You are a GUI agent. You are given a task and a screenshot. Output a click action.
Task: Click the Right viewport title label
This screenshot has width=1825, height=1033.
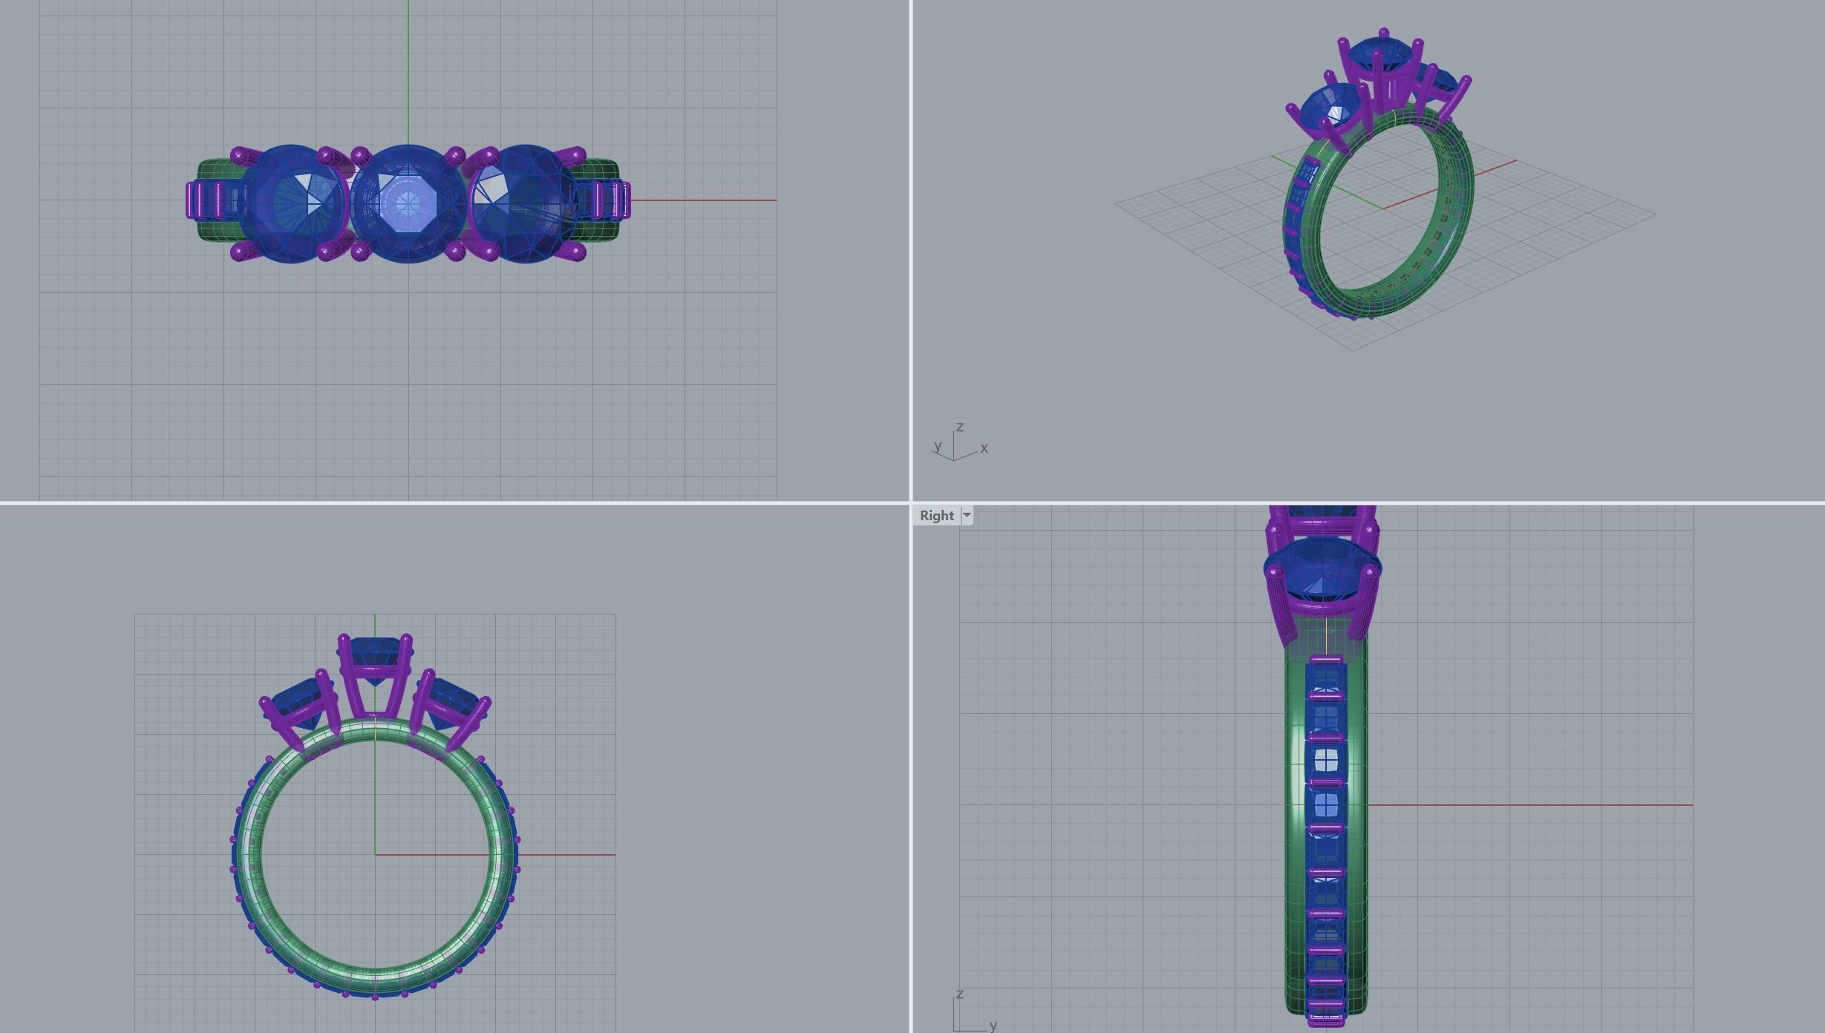936,516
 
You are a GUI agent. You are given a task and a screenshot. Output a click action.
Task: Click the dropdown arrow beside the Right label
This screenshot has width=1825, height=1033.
967,515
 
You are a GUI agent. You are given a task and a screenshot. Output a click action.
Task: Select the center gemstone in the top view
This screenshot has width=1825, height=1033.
408,203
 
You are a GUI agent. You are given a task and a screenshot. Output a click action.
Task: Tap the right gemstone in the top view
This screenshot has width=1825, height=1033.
524,203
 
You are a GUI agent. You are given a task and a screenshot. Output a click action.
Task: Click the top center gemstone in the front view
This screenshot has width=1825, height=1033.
375,653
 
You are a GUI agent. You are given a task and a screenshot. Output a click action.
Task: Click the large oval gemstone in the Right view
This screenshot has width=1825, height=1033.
1322,568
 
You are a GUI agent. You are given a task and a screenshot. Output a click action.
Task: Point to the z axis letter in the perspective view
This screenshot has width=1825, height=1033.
960,427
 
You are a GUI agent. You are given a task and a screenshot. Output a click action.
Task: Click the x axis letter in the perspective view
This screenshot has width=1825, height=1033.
985,447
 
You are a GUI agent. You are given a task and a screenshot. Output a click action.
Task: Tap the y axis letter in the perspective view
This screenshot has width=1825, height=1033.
938,445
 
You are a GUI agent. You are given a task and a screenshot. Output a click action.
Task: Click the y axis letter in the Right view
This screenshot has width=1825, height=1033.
993,1025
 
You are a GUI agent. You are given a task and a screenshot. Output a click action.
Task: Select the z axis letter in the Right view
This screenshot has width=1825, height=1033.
960,994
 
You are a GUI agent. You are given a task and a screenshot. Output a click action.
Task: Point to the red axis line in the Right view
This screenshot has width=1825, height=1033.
1529,804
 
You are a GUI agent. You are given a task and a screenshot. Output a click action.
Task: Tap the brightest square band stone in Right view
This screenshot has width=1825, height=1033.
1326,761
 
